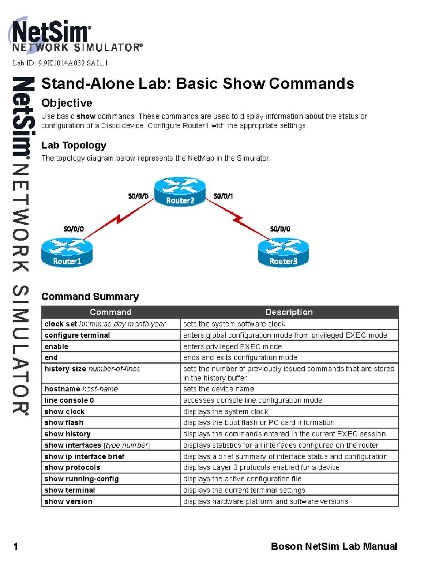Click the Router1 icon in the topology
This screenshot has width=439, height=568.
tap(67, 252)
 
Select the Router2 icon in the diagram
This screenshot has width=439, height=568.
tap(180, 192)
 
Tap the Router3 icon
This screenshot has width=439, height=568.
tap(283, 252)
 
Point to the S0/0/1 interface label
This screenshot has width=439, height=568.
tap(224, 196)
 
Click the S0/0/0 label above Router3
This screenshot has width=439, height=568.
tap(280, 229)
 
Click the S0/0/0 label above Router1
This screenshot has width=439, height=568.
tap(74, 229)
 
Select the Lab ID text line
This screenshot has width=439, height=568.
tap(60, 63)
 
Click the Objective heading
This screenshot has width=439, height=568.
tap(67, 103)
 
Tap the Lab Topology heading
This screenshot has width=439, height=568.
tap(74, 145)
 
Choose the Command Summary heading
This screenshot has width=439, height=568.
tap(90, 297)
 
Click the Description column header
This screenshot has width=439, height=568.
tap(289, 312)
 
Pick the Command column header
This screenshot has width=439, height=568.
tap(110, 312)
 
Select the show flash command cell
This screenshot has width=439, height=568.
tap(64, 423)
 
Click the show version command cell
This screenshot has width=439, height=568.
tap(68, 501)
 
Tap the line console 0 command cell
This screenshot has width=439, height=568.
tap(69, 400)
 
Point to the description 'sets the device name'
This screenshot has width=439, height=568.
tap(218, 389)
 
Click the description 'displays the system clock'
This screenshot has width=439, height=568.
tap(226, 412)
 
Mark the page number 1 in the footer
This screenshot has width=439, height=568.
tap(16, 547)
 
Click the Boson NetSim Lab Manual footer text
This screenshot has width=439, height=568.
tap(334, 547)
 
